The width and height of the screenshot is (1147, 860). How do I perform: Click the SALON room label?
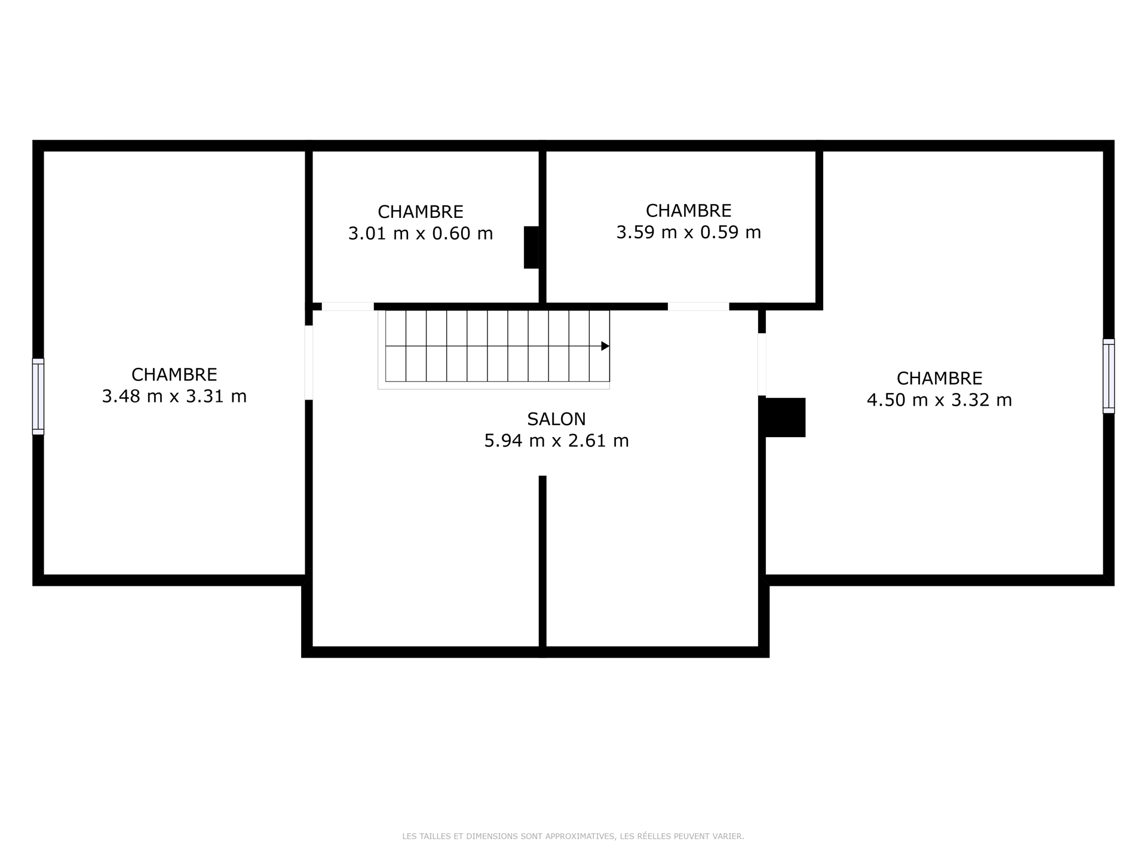(556, 419)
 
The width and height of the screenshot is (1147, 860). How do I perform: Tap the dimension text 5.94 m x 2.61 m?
(556, 441)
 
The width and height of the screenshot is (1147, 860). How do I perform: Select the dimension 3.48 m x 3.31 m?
(174, 397)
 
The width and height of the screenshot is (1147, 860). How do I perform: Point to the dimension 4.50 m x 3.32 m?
(939, 400)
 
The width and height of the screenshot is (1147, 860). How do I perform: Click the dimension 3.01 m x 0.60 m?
(421, 234)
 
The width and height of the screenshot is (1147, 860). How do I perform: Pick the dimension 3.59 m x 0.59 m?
(689, 232)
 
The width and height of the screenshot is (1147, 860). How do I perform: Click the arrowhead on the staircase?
(605, 346)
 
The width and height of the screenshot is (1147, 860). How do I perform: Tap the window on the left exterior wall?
(38, 397)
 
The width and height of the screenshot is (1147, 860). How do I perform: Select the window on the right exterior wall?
(1109, 376)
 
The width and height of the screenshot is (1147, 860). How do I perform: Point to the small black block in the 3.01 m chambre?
(531, 247)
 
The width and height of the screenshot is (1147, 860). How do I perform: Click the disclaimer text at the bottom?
(573, 837)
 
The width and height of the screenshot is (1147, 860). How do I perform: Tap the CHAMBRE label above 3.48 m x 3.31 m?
(174, 375)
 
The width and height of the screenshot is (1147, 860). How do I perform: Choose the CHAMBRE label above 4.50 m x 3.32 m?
(939, 379)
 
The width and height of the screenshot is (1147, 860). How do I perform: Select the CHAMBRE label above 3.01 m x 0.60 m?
(421, 212)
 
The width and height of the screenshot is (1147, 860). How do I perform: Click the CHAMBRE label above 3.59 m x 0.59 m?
(689, 211)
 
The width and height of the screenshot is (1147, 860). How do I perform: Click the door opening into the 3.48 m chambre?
(309, 363)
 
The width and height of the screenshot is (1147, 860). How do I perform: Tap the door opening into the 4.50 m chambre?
(762, 364)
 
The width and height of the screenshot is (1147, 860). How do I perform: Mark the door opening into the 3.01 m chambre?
(348, 306)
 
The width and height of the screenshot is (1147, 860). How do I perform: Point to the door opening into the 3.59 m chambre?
(698, 306)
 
